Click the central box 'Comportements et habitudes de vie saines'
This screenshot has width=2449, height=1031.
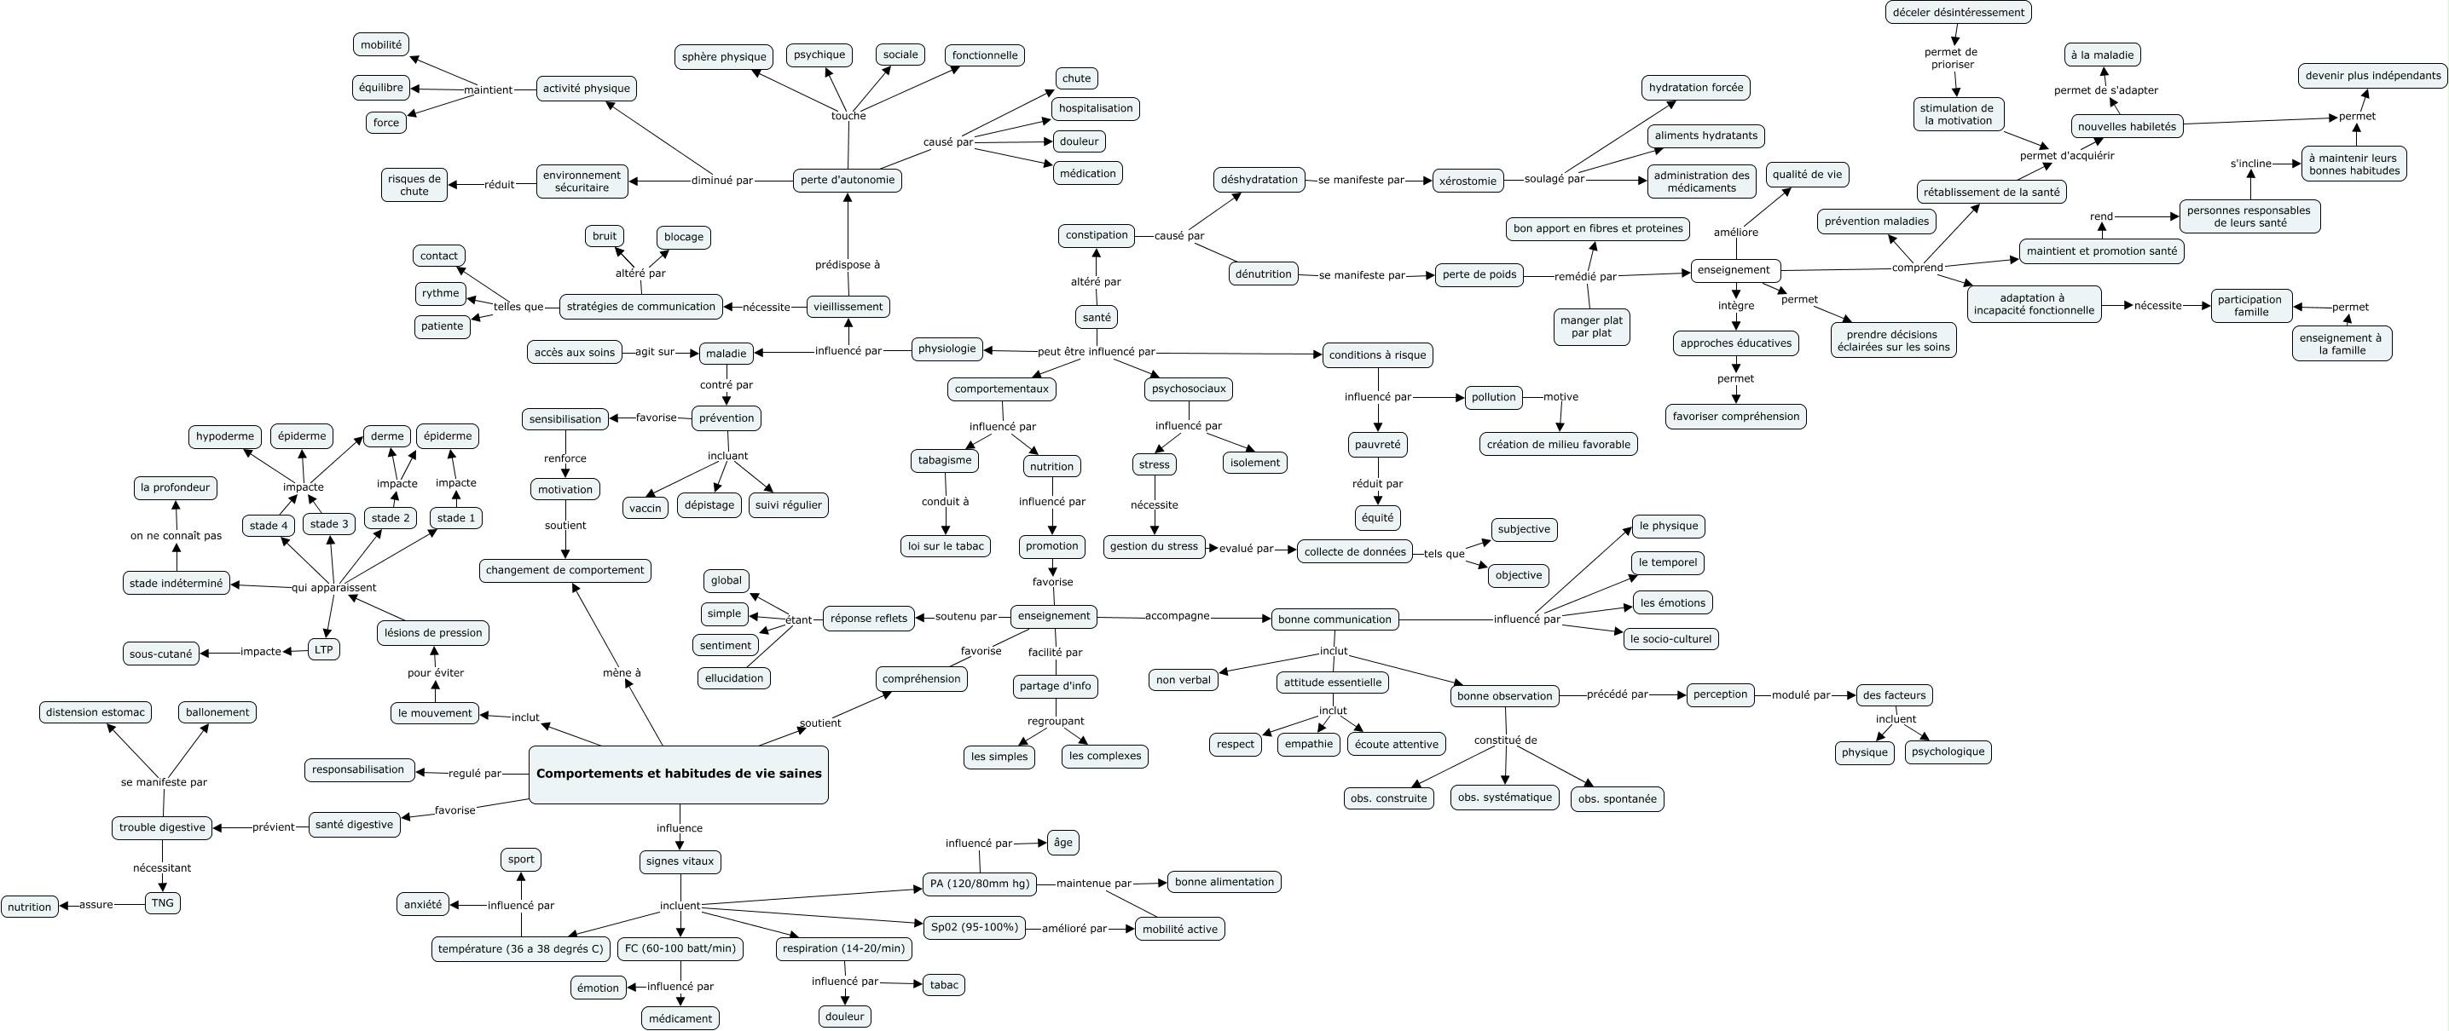[678, 774]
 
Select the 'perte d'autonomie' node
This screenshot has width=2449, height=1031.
[847, 180]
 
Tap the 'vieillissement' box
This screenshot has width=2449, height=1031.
[848, 306]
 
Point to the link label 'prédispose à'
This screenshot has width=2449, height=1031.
[847, 264]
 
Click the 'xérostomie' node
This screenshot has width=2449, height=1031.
[1468, 181]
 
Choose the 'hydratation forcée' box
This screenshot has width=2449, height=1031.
[1696, 88]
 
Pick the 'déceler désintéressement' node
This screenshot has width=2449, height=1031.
[1958, 12]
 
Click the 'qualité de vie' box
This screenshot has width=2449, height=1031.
[1807, 174]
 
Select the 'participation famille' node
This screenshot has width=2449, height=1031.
[2250, 305]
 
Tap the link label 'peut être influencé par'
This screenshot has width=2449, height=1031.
[1096, 351]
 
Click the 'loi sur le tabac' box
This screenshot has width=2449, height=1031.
[945, 545]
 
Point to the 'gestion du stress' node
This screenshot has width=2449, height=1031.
[1154, 545]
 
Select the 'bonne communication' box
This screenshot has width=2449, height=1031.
[1335, 619]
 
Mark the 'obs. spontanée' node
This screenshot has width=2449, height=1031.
[1617, 798]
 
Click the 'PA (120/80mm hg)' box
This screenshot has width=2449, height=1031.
[979, 883]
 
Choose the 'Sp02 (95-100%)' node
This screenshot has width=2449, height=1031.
[974, 926]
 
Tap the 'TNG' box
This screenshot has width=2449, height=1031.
[163, 901]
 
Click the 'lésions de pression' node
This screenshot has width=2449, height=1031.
[433, 632]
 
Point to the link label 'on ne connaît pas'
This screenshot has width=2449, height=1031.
[176, 535]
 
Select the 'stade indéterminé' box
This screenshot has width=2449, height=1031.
[176, 583]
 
